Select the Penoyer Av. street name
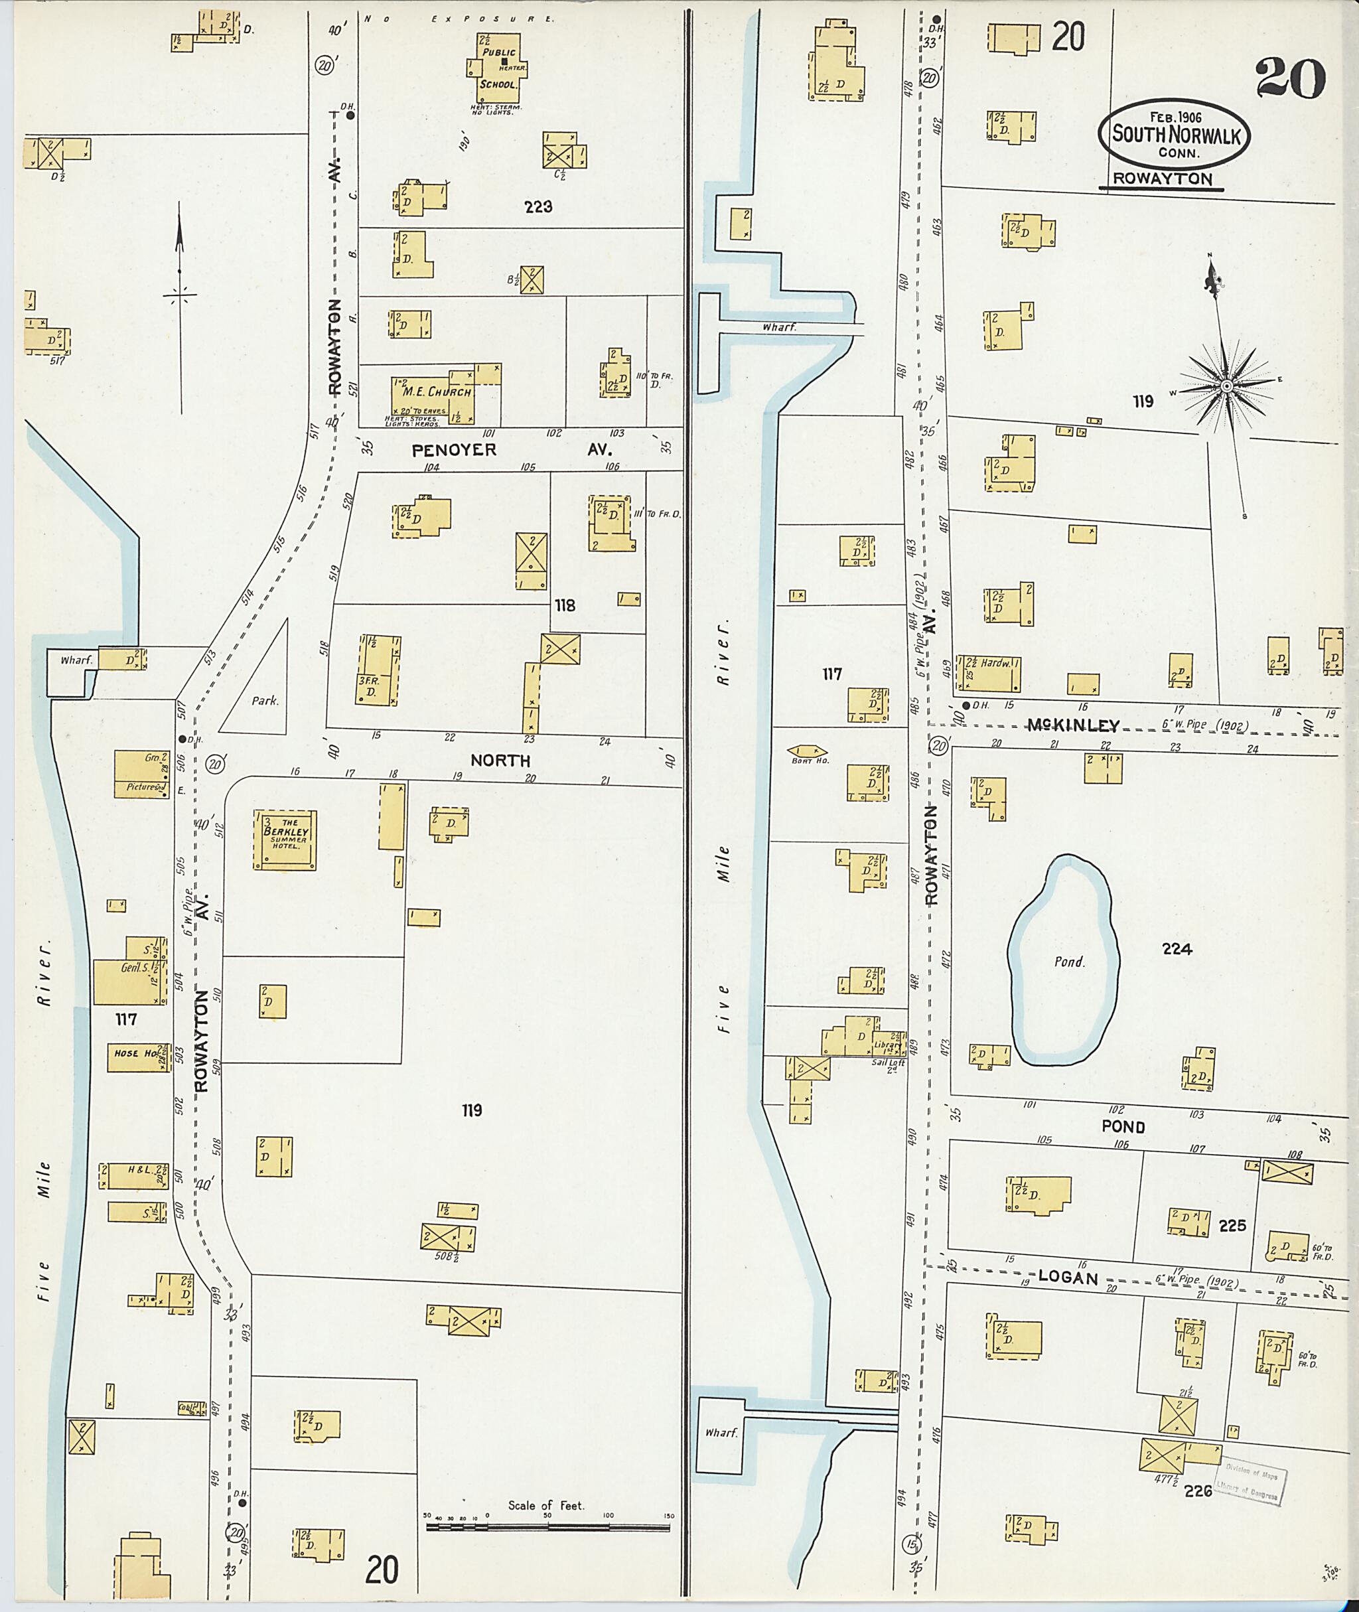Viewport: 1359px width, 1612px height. [x=455, y=450]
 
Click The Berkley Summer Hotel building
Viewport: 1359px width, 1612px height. [x=285, y=840]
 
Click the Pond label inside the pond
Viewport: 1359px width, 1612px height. [x=1069, y=962]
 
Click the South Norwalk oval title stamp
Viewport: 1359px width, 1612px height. [x=1173, y=135]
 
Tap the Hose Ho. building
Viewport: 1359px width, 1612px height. [x=138, y=1057]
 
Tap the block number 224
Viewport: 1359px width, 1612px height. [x=1177, y=949]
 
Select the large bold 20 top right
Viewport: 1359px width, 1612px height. [x=1290, y=80]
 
